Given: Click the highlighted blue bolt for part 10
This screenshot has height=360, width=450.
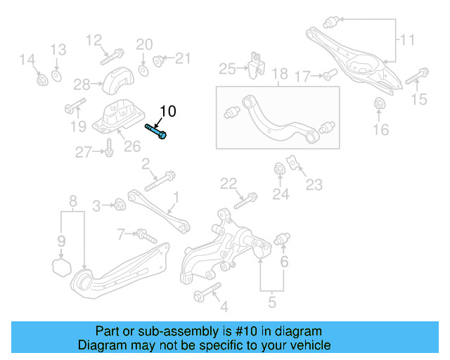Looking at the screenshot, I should [156, 131].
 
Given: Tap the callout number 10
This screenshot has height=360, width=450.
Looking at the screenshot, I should [169, 111].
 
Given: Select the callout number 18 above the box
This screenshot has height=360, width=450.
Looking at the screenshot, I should [280, 74].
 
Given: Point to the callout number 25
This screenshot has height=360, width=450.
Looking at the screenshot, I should [227, 69].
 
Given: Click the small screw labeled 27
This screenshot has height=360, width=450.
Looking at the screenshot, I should [109, 149].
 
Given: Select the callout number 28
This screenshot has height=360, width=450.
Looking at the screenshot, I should [82, 84].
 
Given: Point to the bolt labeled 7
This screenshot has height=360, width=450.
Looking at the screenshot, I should [145, 233].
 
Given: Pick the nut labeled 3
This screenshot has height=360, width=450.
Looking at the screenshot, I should [120, 205].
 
